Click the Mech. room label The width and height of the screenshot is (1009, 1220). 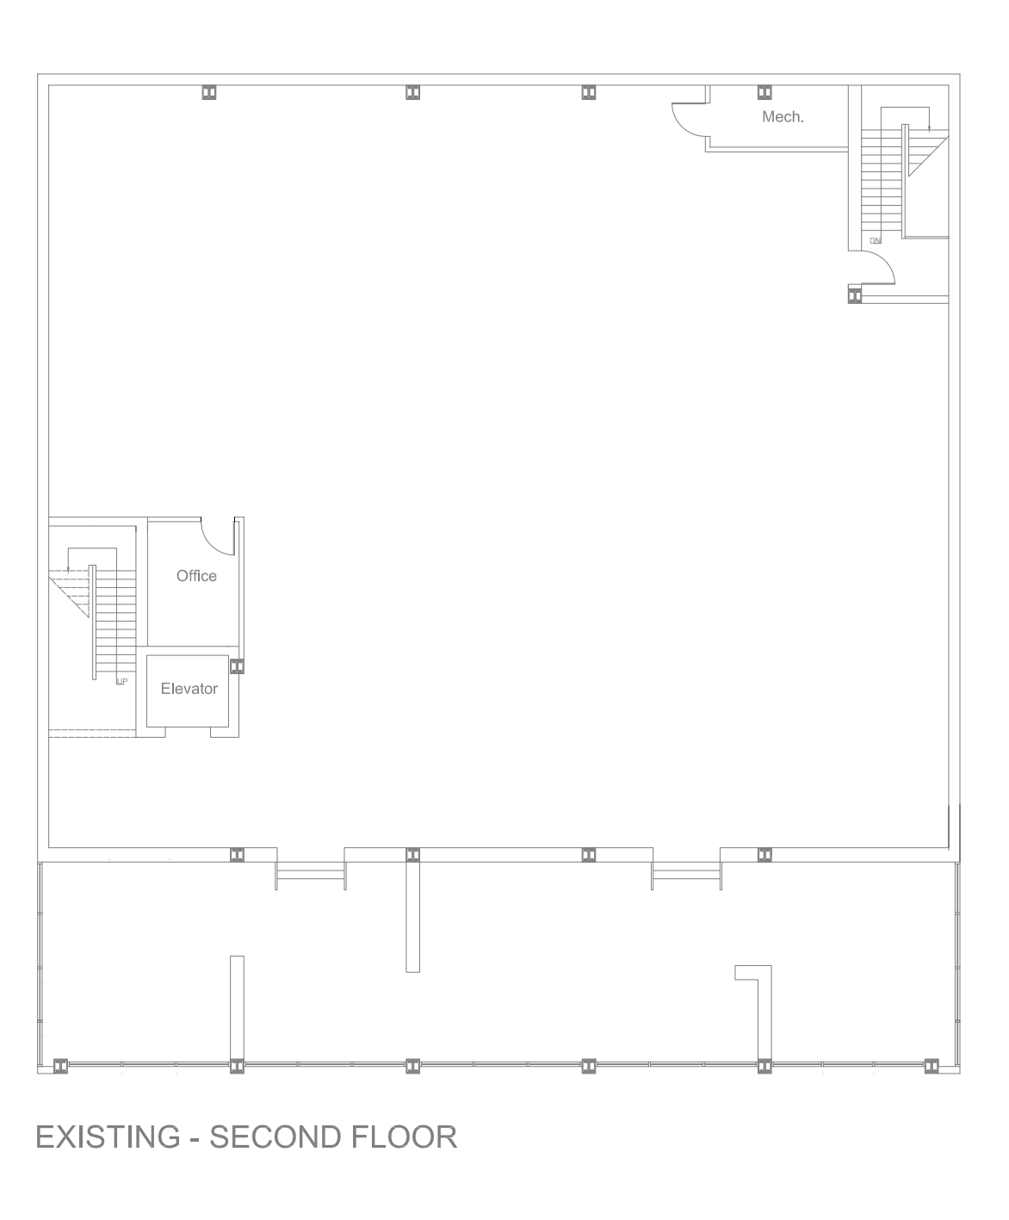pos(783,117)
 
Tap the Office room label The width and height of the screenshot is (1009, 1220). pos(196,576)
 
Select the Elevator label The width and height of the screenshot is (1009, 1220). pos(189,689)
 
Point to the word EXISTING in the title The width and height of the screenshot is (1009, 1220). pos(108,1137)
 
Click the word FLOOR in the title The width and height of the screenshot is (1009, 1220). pos(404,1137)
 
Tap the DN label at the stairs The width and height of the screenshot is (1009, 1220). pos(875,241)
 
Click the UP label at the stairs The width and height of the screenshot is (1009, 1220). pos(121,682)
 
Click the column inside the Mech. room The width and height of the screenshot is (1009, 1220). pos(764,92)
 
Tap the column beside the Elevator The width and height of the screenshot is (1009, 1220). pos(237,666)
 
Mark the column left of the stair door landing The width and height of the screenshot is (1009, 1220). pos(854,295)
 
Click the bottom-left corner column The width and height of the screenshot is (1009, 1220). pos(60,1066)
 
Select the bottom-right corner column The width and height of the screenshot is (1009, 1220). pos(932,1066)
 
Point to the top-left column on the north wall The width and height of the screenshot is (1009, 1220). pos(209,92)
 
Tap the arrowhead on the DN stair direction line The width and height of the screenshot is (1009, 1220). pos(929,128)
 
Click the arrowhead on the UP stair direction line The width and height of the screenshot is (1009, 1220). pos(68,569)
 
